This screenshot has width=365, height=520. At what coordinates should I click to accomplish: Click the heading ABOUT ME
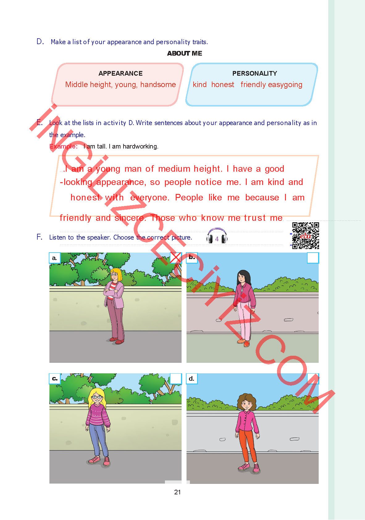(x=185, y=53)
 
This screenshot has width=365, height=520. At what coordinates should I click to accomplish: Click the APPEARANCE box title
(x=120, y=73)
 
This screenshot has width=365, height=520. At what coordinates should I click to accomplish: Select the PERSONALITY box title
(x=255, y=73)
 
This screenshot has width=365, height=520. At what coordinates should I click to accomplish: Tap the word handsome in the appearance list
(x=158, y=85)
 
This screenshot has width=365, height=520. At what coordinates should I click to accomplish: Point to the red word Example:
(x=63, y=146)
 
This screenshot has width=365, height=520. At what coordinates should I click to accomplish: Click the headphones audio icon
(x=217, y=236)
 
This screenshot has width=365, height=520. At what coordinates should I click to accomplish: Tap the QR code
(x=306, y=236)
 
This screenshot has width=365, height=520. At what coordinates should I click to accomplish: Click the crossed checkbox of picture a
(x=176, y=258)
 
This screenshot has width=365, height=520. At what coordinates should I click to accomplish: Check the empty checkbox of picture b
(x=313, y=258)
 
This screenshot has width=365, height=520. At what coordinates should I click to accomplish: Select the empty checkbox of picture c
(x=176, y=379)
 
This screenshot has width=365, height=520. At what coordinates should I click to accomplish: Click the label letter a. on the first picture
(x=55, y=258)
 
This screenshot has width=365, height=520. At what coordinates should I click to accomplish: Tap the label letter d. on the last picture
(x=192, y=379)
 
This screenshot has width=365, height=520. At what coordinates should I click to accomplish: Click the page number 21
(x=177, y=492)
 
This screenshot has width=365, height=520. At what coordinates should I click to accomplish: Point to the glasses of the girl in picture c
(x=97, y=397)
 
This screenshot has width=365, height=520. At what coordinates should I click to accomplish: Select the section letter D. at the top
(x=40, y=42)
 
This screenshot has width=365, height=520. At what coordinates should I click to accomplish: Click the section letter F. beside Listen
(x=40, y=237)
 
